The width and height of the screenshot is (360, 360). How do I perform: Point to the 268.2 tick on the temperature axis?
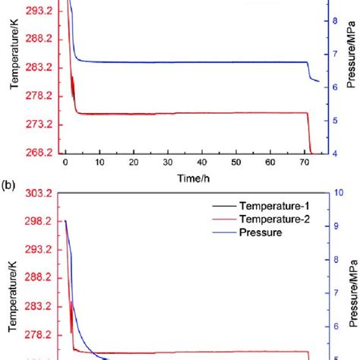click(x=39, y=153)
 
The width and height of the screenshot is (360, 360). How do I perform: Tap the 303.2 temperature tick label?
click(x=39, y=194)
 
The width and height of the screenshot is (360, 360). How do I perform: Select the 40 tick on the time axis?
click(x=202, y=163)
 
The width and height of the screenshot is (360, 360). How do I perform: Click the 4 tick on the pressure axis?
click(x=334, y=153)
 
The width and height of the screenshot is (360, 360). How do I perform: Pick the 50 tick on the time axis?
click(x=236, y=163)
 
